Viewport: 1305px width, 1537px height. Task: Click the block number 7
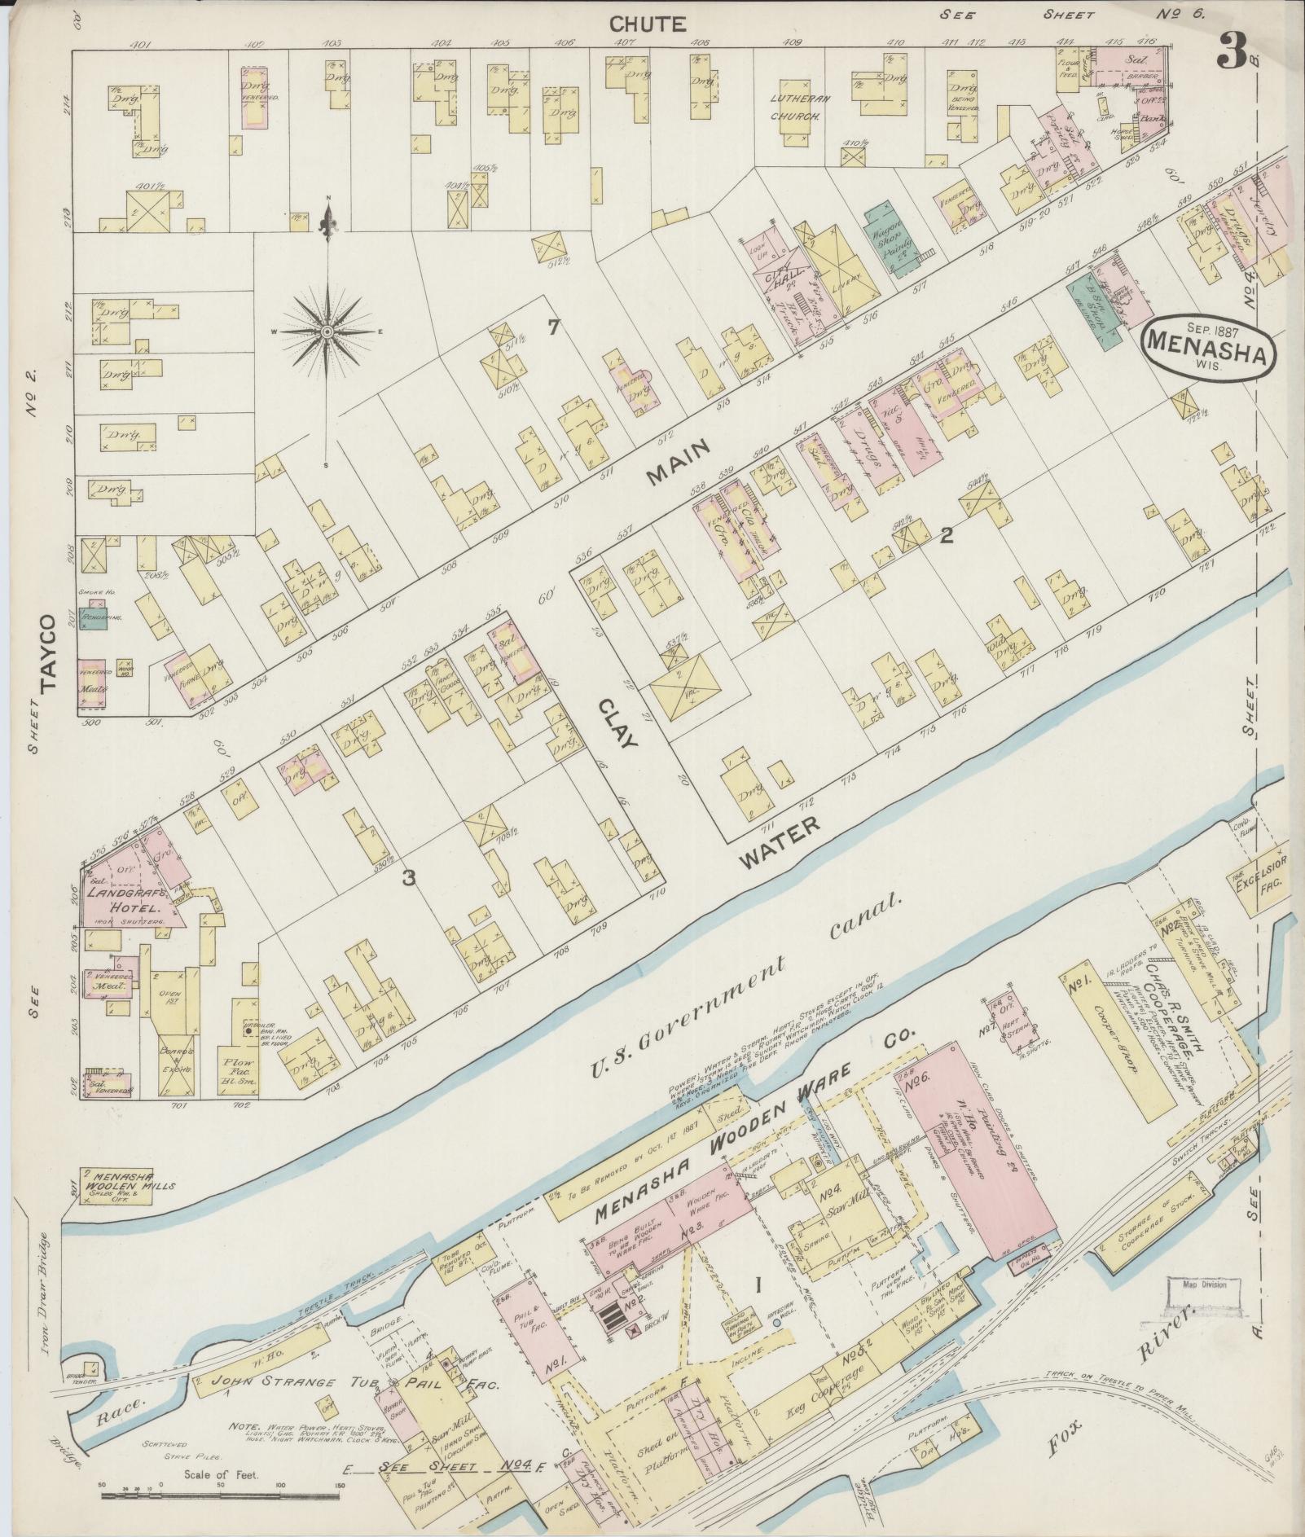[x=554, y=328]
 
